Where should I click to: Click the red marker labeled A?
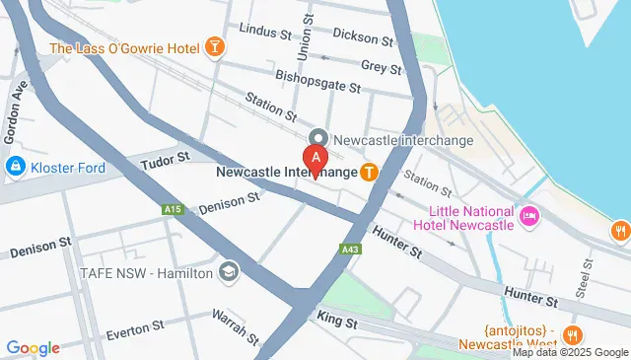point(315,158)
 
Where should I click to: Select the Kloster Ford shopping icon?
point(16,168)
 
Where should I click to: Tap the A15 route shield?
point(174,209)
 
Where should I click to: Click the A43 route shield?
point(349,249)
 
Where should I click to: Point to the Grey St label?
point(382,67)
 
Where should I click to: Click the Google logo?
point(34,347)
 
